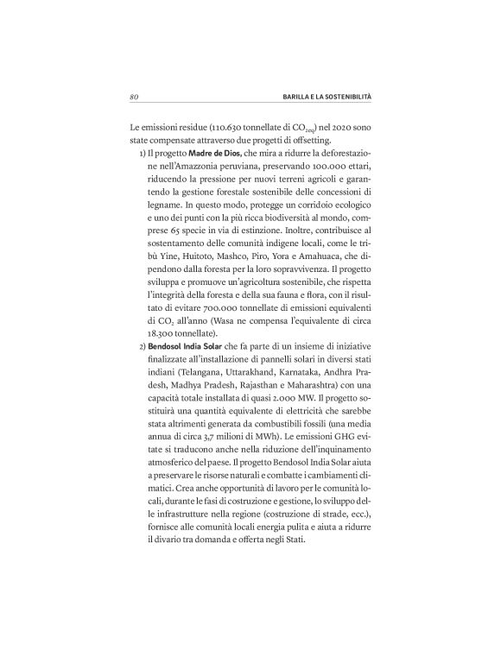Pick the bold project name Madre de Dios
[x=200, y=153]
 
